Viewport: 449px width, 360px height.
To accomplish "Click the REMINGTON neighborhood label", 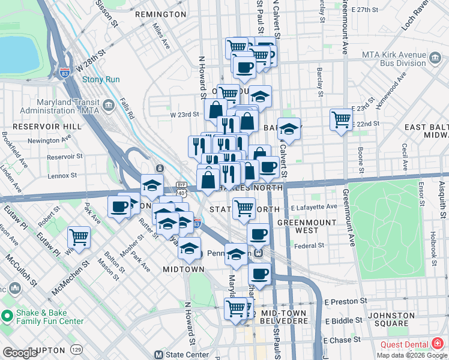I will [160, 14].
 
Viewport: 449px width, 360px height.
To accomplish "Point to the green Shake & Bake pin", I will [7, 316].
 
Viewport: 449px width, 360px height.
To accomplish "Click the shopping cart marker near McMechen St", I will [79, 237].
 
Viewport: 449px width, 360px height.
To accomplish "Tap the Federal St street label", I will [309, 245].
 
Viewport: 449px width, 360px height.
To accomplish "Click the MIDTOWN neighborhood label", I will [184, 269].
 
